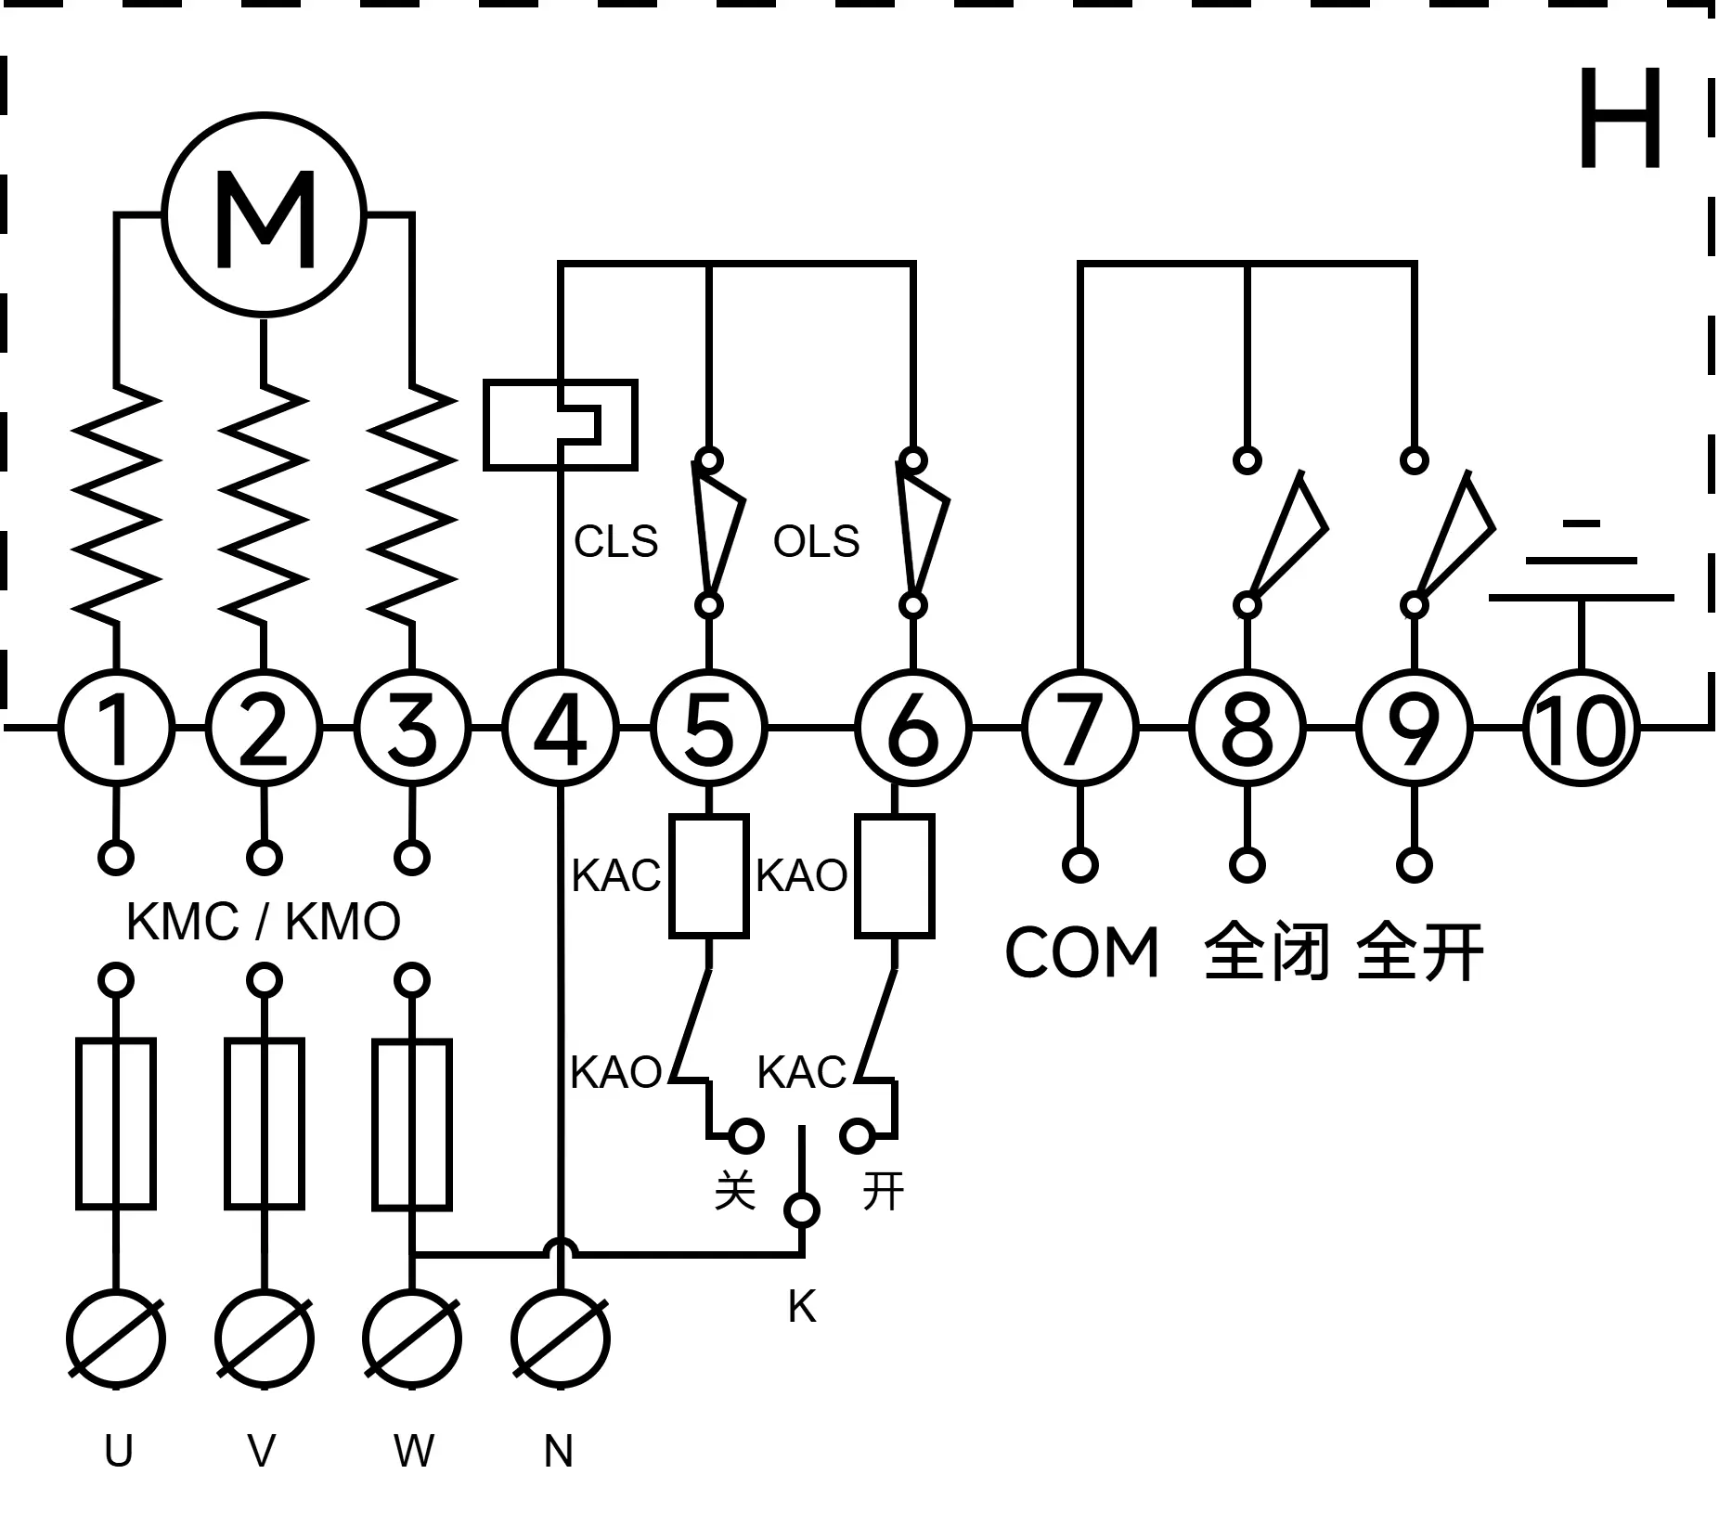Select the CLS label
point(615,541)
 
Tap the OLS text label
point(817,541)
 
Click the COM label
point(1082,952)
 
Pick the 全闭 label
point(1267,951)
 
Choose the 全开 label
point(1420,951)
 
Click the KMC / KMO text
point(264,922)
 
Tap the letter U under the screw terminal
point(118,1451)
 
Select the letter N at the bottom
point(558,1451)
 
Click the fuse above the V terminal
point(265,1123)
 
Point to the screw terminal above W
point(412,1339)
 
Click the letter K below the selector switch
point(802,1307)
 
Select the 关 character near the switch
point(734,1190)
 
